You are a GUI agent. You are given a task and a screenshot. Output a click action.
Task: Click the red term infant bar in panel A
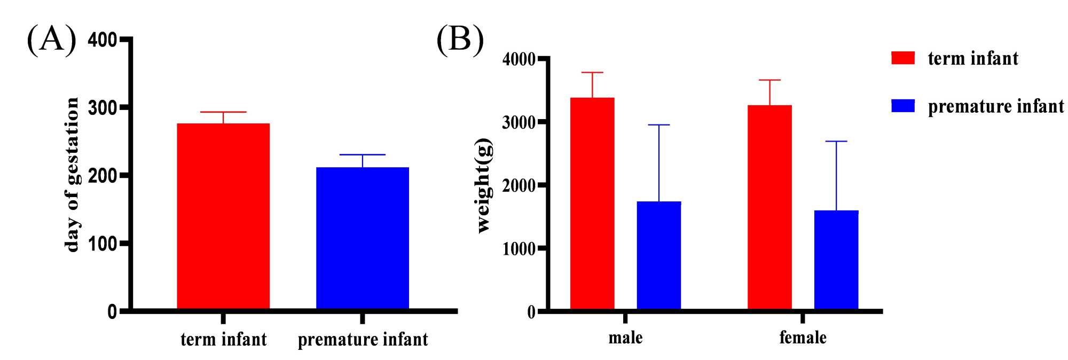point(223,216)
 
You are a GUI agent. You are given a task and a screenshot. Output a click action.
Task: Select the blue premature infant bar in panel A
point(363,238)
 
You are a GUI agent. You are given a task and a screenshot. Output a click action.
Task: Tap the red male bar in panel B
point(592,204)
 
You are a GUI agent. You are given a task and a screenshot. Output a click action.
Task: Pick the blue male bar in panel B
point(659,255)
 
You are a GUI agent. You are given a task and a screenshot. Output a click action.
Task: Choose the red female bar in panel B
point(769,207)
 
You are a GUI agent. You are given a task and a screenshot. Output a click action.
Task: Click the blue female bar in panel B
point(836,260)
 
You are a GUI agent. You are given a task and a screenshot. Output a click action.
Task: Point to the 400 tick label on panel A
point(103,40)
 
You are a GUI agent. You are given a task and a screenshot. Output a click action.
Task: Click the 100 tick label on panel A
point(103,244)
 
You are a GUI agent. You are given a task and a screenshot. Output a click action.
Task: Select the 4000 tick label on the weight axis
point(519,59)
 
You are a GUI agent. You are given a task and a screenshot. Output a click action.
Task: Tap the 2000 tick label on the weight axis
point(519,186)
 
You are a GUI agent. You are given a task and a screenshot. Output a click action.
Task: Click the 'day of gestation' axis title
point(72,175)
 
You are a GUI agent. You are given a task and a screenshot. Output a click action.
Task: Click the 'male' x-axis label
point(625,338)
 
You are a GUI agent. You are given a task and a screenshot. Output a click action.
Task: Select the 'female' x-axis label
point(803,338)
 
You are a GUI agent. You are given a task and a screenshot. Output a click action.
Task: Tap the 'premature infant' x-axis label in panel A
point(363,340)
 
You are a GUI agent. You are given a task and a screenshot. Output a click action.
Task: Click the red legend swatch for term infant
point(903,58)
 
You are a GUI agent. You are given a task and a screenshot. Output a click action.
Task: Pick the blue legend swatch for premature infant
point(903,106)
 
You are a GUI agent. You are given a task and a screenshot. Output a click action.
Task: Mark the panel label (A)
point(51,39)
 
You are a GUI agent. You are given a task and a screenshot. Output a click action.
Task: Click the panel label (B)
point(460,39)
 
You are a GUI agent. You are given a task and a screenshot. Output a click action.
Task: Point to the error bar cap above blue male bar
point(659,125)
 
